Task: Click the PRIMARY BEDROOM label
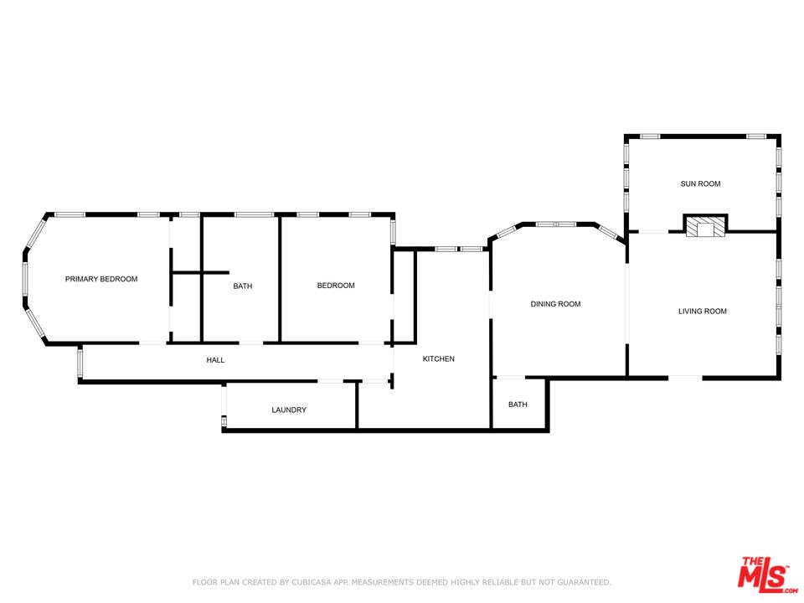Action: point(101,279)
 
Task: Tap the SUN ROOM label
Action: point(700,183)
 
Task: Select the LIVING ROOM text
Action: point(703,312)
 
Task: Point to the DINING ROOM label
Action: point(555,304)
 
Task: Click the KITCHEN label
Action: point(438,359)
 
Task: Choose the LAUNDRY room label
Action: point(289,410)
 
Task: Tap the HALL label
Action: point(215,360)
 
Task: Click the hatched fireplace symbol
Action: point(705,226)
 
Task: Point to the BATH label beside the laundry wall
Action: point(518,405)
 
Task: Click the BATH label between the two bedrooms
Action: point(243,286)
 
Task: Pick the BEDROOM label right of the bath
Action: point(336,286)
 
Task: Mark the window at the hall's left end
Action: point(80,363)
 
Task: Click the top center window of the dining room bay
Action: point(556,224)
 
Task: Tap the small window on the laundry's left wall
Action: point(224,421)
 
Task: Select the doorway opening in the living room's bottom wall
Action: point(685,378)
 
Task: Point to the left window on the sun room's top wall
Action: point(650,137)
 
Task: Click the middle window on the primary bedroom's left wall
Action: point(24,280)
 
